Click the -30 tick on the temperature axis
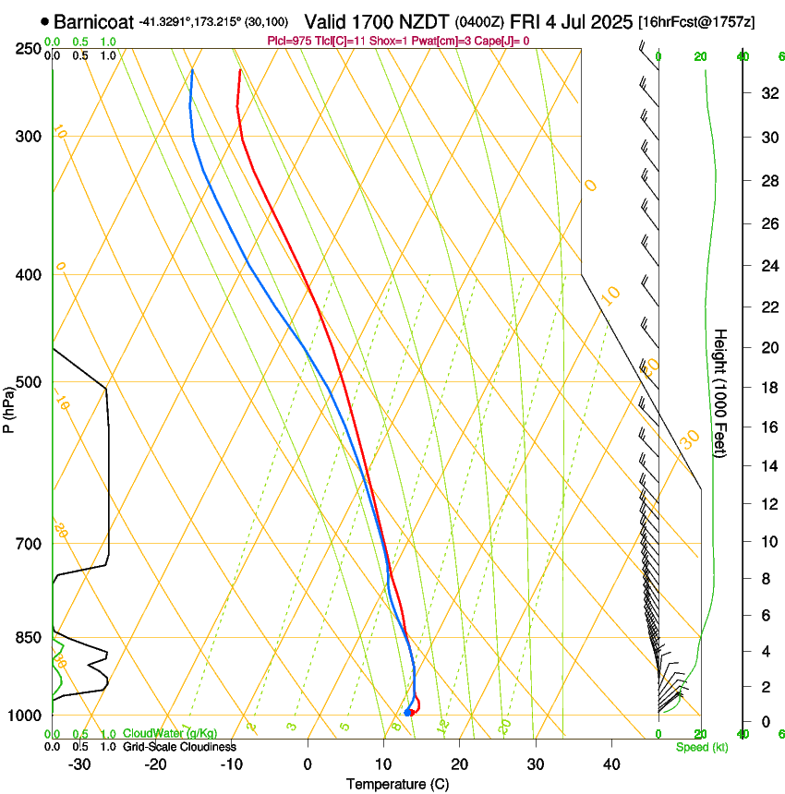pyautogui.click(x=79, y=764)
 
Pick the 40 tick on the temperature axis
pyautogui.click(x=611, y=764)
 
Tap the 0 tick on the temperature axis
pyautogui.click(x=308, y=764)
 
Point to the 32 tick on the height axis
pyautogui.click(x=767, y=93)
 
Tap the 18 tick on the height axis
pyautogui.click(x=767, y=388)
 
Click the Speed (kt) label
pyautogui.click(x=700, y=747)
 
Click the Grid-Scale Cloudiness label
pyautogui.click(x=179, y=747)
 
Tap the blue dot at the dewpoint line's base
pyautogui.click(x=407, y=712)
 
